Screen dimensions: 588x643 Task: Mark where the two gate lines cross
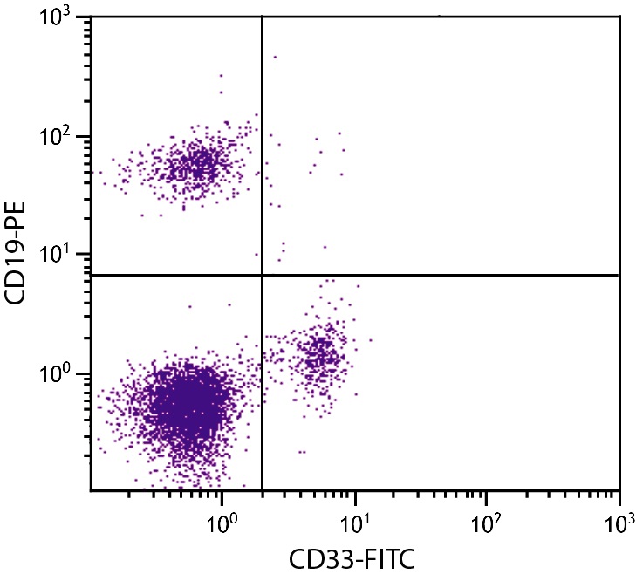coord(262,275)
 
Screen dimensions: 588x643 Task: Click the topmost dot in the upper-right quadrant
coord(275,57)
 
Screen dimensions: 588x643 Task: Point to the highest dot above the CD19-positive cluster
coord(221,76)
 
